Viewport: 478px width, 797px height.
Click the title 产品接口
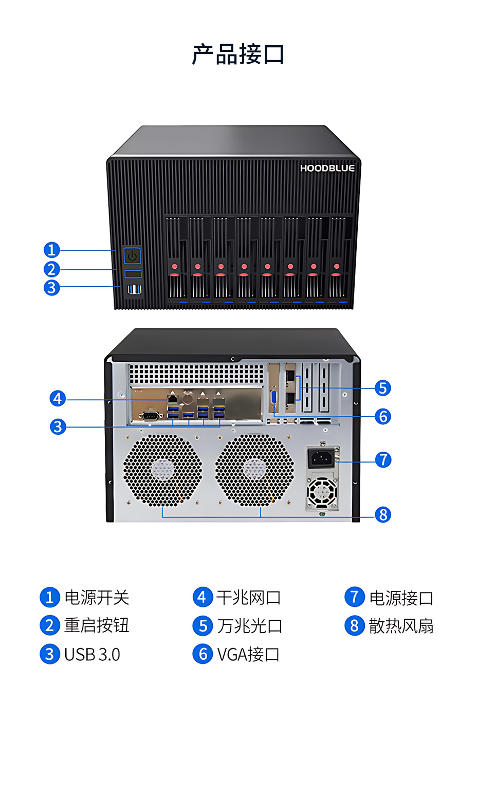click(238, 54)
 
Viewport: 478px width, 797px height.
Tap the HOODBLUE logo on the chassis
click(327, 168)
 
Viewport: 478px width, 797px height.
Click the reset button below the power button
click(133, 274)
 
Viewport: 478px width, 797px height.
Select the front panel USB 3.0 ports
click(135, 289)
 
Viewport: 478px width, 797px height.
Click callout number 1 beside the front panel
click(51, 250)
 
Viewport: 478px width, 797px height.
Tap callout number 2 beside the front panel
click(51, 269)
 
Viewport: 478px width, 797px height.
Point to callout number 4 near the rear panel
click(58, 399)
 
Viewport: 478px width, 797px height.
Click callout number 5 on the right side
click(383, 388)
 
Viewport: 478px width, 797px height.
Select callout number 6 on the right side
click(383, 416)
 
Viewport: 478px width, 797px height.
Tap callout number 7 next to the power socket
click(383, 460)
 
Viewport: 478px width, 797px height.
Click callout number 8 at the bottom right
click(383, 514)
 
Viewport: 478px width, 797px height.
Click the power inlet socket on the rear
click(322, 458)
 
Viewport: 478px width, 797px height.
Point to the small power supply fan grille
click(322, 492)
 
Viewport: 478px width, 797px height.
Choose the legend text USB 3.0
click(92, 655)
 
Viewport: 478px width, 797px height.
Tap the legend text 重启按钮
click(97, 625)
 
